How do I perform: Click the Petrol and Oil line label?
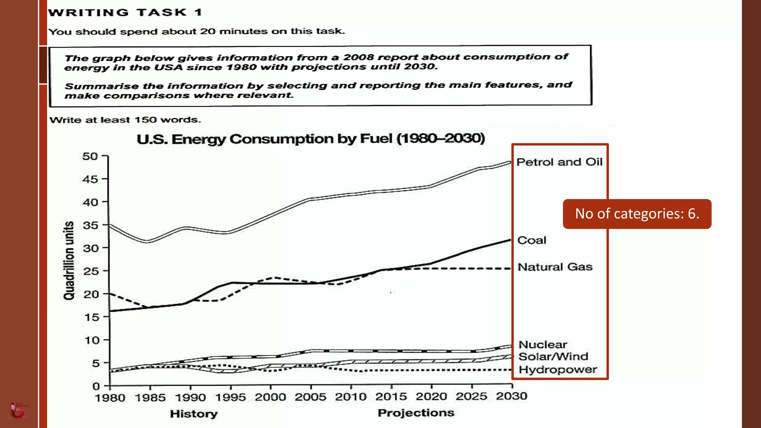559,162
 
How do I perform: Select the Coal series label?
532,240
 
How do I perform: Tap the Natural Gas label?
555,267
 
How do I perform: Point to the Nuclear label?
543,344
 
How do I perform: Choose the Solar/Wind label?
553,357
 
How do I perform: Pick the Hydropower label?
557,370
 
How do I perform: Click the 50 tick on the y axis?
90,156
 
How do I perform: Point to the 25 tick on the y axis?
90,271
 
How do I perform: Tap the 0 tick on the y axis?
96,386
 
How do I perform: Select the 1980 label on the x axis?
110,398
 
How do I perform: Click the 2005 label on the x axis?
310,397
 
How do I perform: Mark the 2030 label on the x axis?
511,396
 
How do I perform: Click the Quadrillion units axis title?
69,260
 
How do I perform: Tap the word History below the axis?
194,414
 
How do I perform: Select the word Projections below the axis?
416,413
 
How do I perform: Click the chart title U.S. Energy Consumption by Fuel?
311,139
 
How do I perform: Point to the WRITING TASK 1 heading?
125,13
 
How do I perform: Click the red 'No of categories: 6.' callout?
637,214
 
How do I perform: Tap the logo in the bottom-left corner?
17,411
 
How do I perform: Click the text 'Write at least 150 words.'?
125,120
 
